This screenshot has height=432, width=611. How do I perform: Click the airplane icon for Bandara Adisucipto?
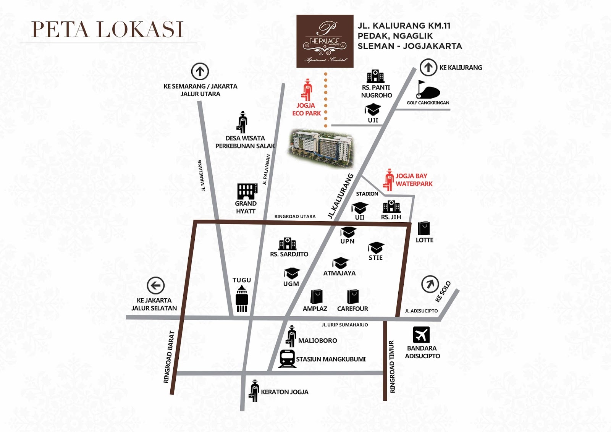[x=421, y=335]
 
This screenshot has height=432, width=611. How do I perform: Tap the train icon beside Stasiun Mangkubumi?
[x=287, y=359]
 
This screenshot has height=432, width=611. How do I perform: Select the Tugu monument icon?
[x=242, y=299]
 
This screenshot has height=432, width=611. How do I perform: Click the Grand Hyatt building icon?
[x=247, y=191]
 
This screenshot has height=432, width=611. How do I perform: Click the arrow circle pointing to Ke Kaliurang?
[x=428, y=68]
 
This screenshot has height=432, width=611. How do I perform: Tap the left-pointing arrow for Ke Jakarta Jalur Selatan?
[x=155, y=285]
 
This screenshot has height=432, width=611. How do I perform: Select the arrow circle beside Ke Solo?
[x=430, y=284]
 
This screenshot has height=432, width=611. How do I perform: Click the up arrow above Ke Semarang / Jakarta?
[x=200, y=71]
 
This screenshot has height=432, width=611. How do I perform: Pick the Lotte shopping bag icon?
[x=424, y=228]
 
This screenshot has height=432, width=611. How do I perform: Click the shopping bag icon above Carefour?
[x=353, y=296]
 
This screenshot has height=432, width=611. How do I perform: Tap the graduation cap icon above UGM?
[x=292, y=273]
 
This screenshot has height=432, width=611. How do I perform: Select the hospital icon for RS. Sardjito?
[x=288, y=244]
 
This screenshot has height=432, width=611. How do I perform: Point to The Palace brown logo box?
[x=325, y=41]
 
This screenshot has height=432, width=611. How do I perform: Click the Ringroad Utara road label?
[x=295, y=217]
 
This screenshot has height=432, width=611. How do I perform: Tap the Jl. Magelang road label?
[x=202, y=175]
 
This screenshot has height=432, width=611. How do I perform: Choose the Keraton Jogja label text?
[x=284, y=392]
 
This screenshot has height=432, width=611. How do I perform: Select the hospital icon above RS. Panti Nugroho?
[x=375, y=77]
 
